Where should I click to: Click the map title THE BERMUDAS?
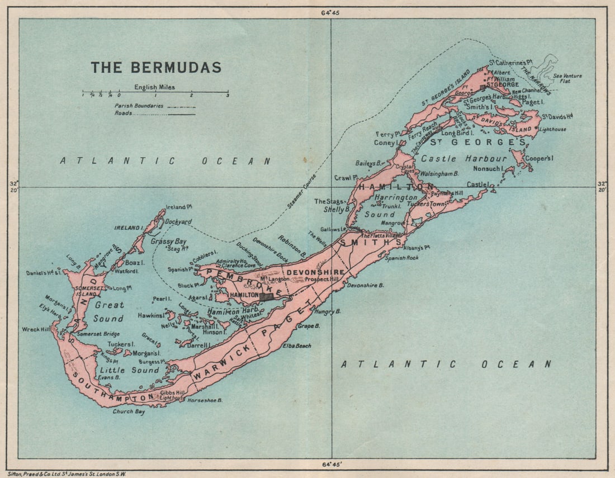(x=156, y=68)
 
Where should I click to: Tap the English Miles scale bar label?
(x=154, y=87)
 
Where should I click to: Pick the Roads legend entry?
(x=124, y=113)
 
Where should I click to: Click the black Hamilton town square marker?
(x=267, y=297)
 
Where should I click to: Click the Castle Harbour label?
(x=463, y=159)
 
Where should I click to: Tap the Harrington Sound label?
(x=396, y=206)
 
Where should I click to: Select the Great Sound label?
(x=108, y=312)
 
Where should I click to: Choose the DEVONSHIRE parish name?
(x=315, y=272)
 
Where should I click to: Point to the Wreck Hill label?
(x=35, y=329)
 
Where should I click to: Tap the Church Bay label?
(x=128, y=411)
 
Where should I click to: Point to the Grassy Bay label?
(x=168, y=242)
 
